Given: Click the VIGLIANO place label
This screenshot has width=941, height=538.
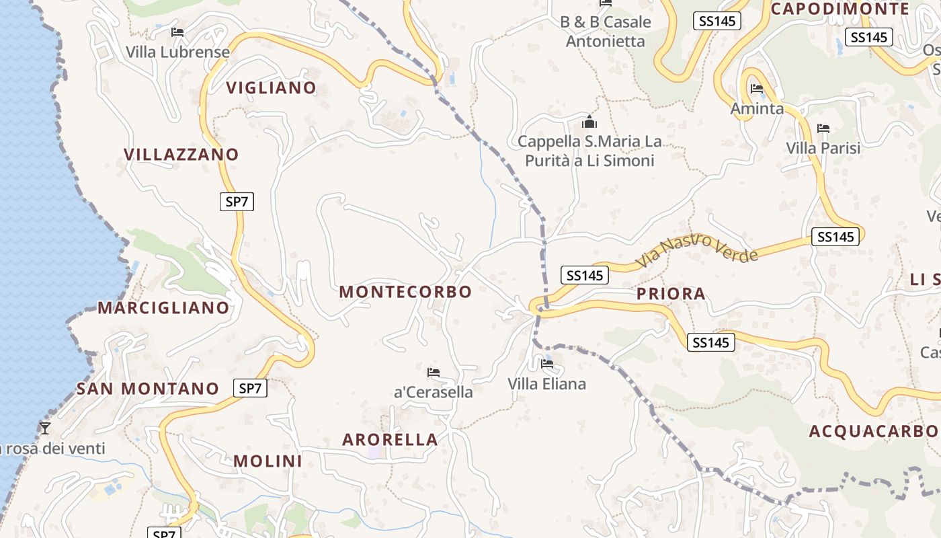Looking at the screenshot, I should [271, 88].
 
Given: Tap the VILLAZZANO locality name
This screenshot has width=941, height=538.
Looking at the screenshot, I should [181, 155].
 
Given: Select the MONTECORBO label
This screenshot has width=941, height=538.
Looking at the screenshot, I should [405, 292].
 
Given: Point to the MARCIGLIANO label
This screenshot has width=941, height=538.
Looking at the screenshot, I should [164, 308].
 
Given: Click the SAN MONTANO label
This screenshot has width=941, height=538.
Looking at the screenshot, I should [148, 389].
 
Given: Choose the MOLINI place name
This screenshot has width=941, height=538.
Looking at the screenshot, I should [268, 461].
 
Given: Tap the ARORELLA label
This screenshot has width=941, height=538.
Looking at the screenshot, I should [390, 440].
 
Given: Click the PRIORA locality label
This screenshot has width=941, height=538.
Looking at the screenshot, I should [671, 294].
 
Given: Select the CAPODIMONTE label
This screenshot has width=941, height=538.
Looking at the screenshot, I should [840, 9].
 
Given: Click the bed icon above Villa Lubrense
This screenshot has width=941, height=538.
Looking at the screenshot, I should [177, 32].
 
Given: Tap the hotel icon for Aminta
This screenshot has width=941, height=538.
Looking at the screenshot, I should [757, 89].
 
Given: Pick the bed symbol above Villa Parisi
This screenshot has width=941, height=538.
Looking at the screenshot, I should [823, 128].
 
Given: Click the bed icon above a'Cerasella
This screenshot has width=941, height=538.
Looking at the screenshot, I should [434, 372].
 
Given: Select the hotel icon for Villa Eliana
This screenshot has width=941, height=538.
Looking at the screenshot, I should [547, 364].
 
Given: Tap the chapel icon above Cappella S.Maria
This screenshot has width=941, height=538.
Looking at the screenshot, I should [589, 122].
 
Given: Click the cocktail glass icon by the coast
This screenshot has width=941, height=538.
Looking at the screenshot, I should [45, 428].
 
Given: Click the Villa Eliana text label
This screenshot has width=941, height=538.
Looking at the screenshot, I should [546, 384].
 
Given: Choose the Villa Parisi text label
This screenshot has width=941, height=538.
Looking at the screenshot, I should [823, 148].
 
